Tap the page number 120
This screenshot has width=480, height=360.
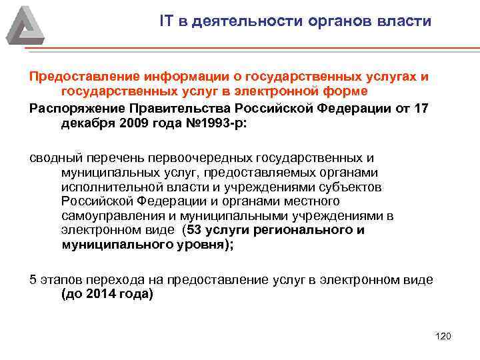443,335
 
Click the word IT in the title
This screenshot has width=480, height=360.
167,21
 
